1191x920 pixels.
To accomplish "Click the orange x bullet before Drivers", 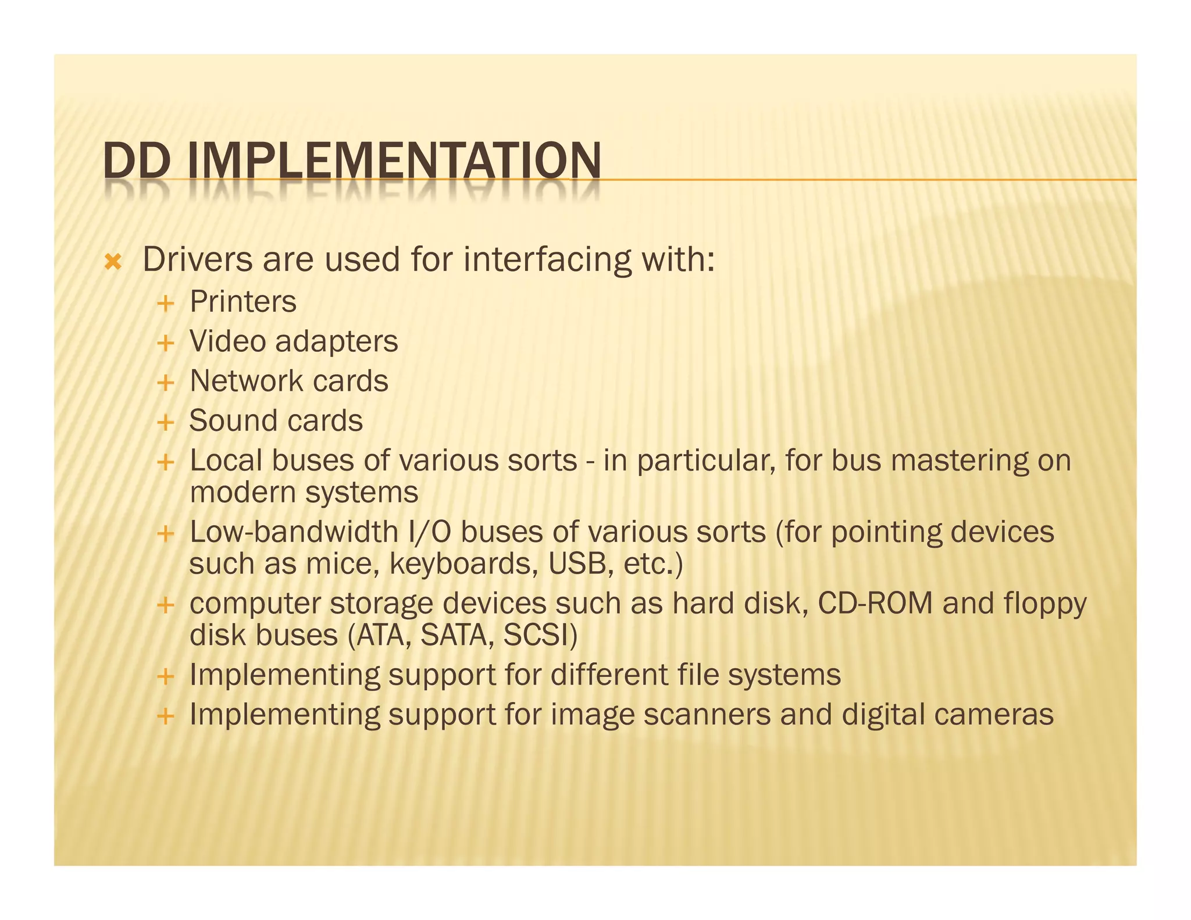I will coord(113,262).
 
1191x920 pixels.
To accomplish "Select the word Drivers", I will coord(198,259).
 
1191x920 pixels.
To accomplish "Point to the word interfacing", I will coord(547,259).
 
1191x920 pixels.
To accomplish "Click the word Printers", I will coord(243,302).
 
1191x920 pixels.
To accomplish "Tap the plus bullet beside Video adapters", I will coord(166,343).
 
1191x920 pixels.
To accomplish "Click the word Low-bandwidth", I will coord(294,532).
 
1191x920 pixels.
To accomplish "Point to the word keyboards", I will coord(460,564).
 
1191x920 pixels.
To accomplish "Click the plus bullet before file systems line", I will coord(166,676).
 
